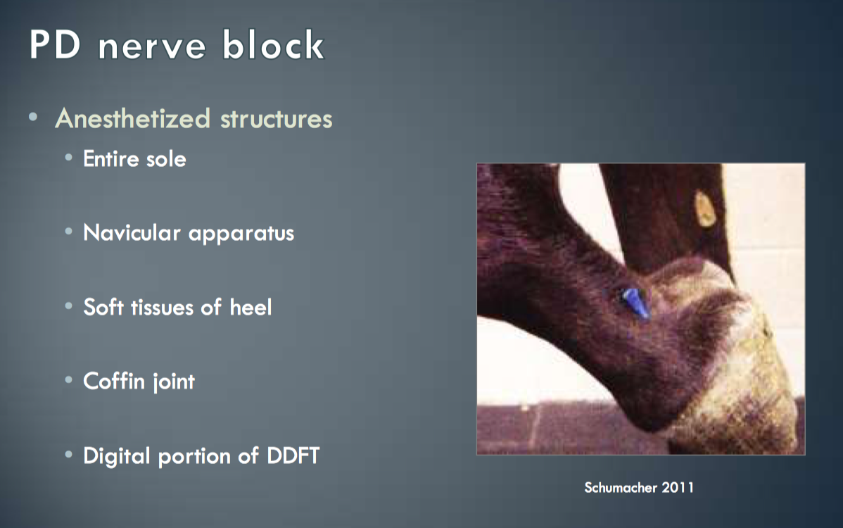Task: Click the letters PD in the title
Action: [x=56, y=44]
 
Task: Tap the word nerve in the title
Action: [x=152, y=47]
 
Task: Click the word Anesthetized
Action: [x=133, y=118]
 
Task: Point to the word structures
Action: [x=277, y=120]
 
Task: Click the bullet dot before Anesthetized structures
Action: [x=33, y=117]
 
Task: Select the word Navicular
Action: [x=132, y=233]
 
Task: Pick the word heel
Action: [x=251, y=307]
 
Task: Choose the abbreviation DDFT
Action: [x=293, y=456]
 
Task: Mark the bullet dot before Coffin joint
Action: [x=68, y=380]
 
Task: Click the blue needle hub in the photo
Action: [x=635, y=303]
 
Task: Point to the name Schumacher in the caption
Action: [x=621, y=488]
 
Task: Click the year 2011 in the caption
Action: [x=678, y=488]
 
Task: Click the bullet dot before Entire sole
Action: [x=68, y=158]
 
